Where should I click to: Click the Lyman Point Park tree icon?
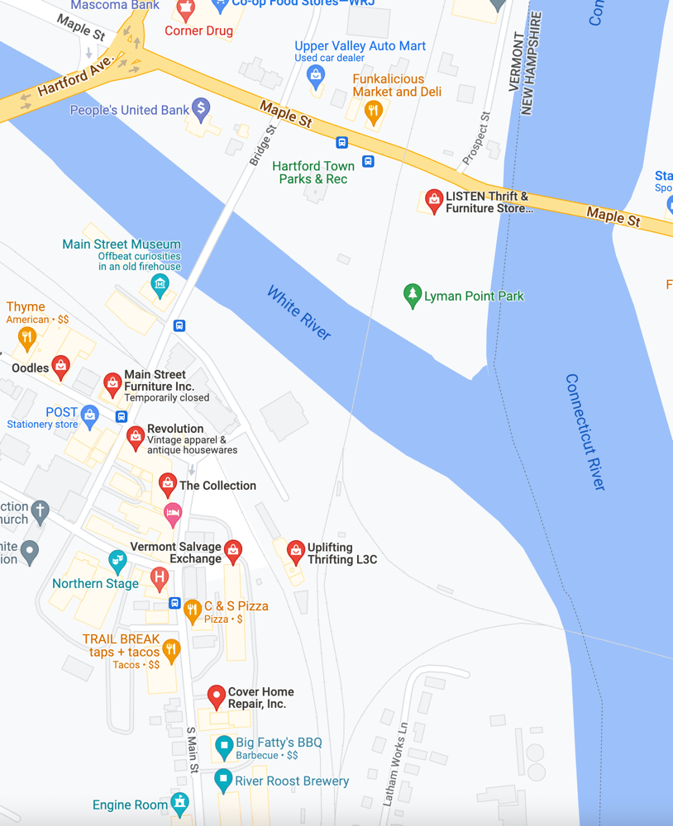click(x=412, y=295)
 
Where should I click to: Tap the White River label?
click(x=298, y=312)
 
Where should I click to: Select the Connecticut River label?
click(x=585, y=432)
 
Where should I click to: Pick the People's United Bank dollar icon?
click(x=200, y=108)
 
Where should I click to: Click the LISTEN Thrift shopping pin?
click(x=433, y=200)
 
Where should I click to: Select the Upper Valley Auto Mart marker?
click(x=315, y=77)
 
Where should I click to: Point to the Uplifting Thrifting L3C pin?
click(x=296, y=551)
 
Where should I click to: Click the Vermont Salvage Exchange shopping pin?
click(x=233, y=550)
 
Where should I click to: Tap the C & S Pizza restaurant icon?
click(x=193, y=610)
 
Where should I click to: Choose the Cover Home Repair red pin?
click(x=216, y=695)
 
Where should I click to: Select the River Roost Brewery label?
click(x=292, y=781)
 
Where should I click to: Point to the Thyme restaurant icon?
click(x=26, y=336)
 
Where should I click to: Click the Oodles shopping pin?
click(x=60, y=367)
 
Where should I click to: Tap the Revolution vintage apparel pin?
click(x=135, y=436)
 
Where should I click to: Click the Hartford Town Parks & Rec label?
click(x=313, y=173)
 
